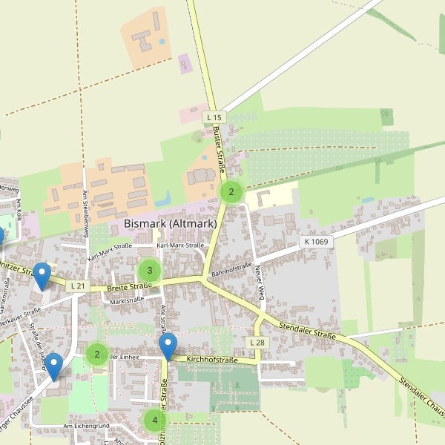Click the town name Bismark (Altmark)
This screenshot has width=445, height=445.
[170, 223]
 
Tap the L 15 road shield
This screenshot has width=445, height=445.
[214, 117]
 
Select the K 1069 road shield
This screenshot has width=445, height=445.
[317, 242]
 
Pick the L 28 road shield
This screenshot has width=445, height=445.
[257, 343]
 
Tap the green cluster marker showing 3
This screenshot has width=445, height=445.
[149, 271]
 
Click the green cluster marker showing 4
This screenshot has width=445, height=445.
[154, 421]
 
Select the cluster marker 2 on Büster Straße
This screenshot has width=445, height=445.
[231, 192]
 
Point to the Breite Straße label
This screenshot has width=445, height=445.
[129, 286]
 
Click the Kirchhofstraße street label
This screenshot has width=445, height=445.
[212, 360]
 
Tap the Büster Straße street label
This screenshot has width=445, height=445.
[219, 148]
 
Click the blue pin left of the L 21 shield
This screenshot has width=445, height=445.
[42, 277]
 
